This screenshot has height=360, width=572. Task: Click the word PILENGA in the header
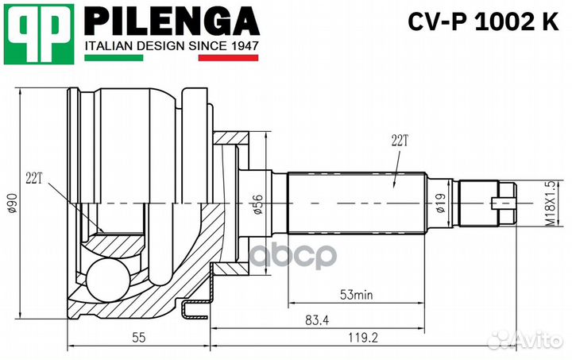click(x=171, y=21)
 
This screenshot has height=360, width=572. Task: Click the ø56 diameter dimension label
click(x=257, y=206)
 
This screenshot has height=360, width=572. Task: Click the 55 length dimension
click(x=138, y=338)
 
